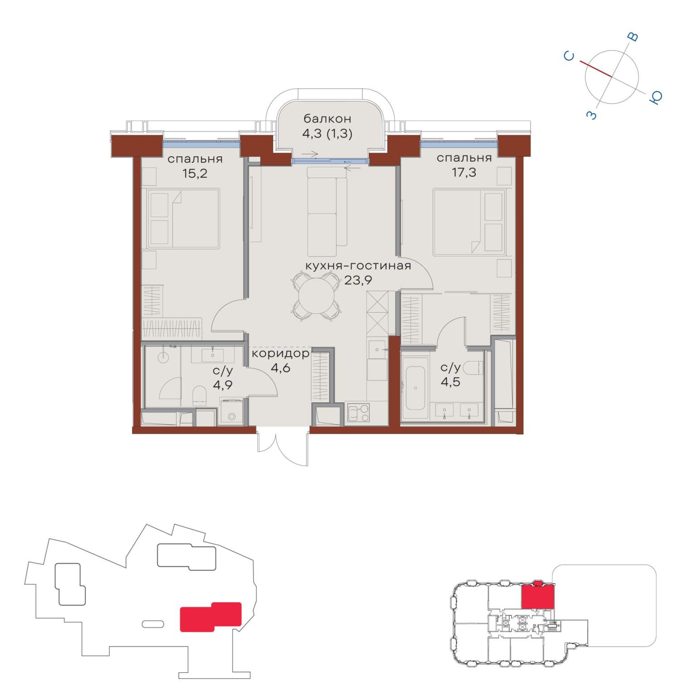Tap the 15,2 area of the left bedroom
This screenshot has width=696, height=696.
[195, 173]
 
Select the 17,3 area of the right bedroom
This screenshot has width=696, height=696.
[464, 172]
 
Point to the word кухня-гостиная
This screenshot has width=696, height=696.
[358, 266]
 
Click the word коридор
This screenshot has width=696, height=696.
[281, 353]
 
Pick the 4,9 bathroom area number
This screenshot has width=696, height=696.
[223, 386]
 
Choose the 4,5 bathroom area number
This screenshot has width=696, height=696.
[451, 382]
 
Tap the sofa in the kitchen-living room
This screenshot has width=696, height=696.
[322, 212]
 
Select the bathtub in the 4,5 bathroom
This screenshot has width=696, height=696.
[416, 388]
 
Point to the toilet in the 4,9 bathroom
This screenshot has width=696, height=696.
[199, 396]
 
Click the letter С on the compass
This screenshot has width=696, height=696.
[570, 56]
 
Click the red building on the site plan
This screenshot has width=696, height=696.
[211, 617]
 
